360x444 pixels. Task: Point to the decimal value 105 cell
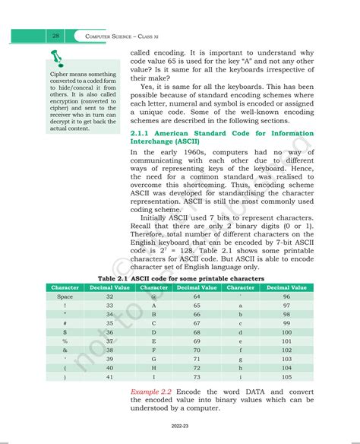[x=286, y=376]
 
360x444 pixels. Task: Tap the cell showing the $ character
[x=65, y=331]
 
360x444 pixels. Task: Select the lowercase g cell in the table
[x=241, y=358]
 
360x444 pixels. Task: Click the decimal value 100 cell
[x=286, y=331]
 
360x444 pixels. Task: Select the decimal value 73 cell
[x=197, y=376]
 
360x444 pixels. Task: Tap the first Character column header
[x=65, y=287]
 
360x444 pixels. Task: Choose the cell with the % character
[x=65, y=341]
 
